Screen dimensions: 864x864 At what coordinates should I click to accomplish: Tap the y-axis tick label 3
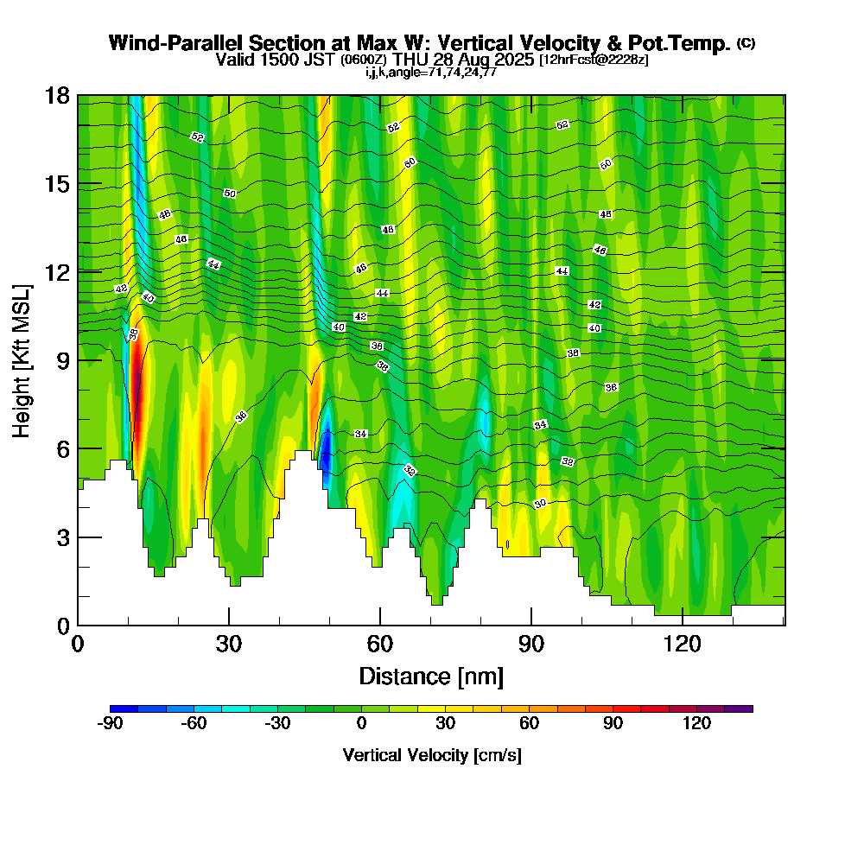point(62,537)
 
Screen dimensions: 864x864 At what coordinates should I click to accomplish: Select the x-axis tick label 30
point(229,645)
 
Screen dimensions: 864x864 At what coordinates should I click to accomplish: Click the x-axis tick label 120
point(683,645)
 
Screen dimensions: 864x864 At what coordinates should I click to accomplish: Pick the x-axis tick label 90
point(531,645)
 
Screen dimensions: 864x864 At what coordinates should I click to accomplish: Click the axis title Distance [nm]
point(431,675)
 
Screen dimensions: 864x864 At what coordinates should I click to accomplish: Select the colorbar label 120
point(696,724)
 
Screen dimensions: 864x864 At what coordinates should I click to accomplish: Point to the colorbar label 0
point(361,724)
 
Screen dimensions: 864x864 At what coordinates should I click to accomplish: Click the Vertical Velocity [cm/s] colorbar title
point(431,755)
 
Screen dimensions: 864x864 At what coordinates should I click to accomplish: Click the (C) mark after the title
point(746,42)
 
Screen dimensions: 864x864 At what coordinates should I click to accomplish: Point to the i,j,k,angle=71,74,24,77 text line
point(431,72)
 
